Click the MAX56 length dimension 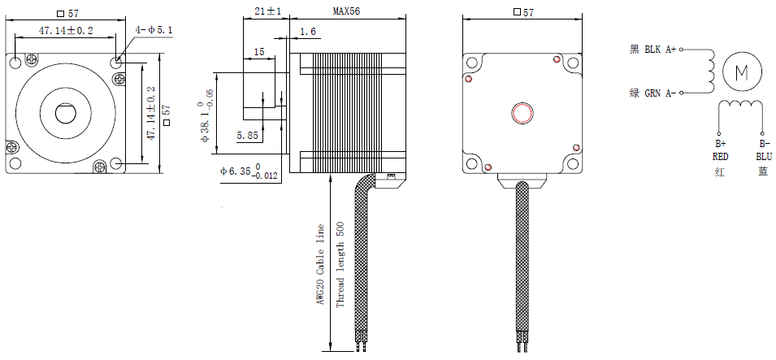tap(348, 11)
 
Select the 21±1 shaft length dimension tap(267, 11)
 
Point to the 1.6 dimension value tap(309, 32)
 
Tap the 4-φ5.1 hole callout tap(154, 31)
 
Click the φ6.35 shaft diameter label tap(249, 173)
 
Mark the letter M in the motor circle tap(742, 72)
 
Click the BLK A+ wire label tap(660, 50)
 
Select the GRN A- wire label tap(660, 93)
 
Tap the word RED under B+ tap(720, 156)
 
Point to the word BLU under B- tap(763, 156)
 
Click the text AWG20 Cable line tap(320, 265)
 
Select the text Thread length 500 tap(340, 265)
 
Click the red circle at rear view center tap(520, 112)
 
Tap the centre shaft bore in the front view tap(64, 113)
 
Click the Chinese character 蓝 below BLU tap(763, 171)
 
